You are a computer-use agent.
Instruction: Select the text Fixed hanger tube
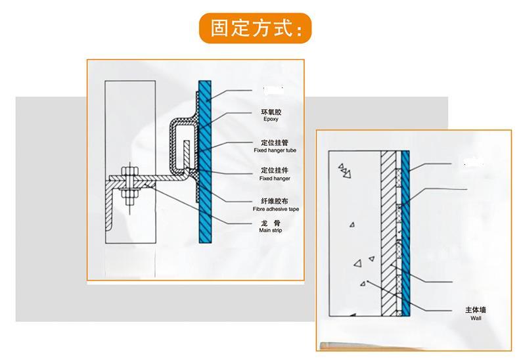pyautogui.click(x=275, y=150)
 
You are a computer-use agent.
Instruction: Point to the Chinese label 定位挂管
pyautogui.click(x=272, y=142)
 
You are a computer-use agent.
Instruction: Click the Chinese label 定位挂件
pyautogui.click(x=272, y=170)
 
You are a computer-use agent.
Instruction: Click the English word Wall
pyautogui.click(x=476, y=317)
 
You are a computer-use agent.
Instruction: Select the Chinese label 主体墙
pyautogui.click(x=476, y=309)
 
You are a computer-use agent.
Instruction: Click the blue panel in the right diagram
pyautogui.click(x=405, y=230)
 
